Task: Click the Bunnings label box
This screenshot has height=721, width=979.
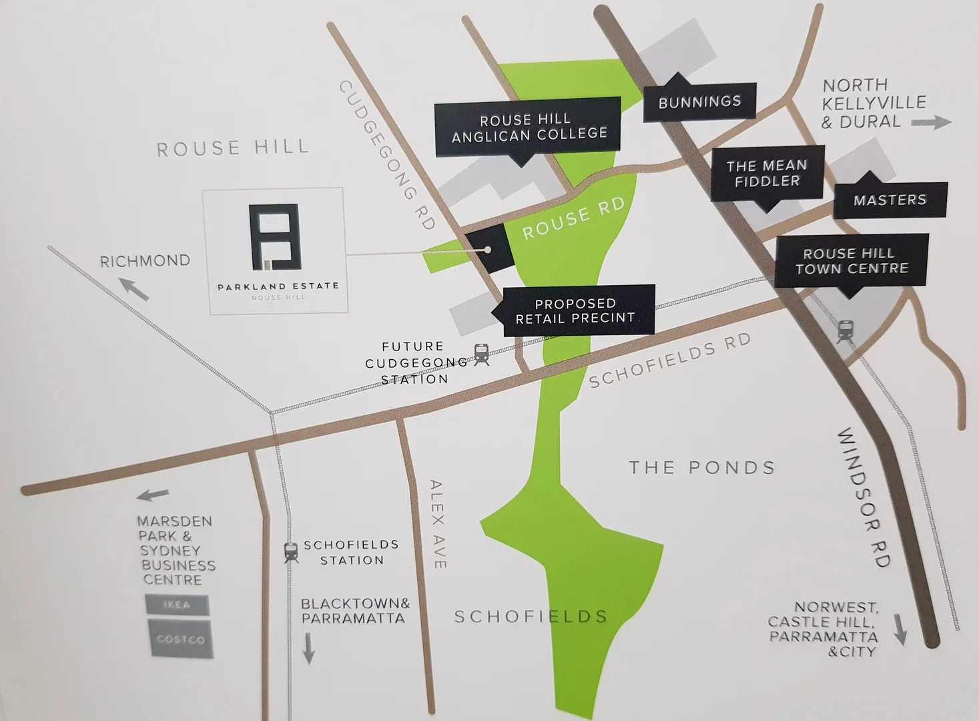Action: pos(699,102)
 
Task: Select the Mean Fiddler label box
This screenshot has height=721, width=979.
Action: pos(767,173)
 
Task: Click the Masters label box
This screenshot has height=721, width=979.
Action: pos(890,200)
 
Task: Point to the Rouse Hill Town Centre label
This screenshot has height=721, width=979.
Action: pos(852,260)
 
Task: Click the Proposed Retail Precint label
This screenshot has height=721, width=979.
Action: pos(575,310)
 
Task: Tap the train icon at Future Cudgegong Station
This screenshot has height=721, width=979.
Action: pos(481,354)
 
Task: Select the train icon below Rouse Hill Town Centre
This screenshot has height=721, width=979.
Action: pos(845,331)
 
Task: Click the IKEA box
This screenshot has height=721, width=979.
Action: pos(177,605)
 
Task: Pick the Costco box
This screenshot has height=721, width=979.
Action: pos(180,639)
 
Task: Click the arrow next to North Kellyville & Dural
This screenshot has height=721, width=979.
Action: pos(931,122)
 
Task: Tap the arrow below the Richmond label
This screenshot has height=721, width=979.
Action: pos(135,290)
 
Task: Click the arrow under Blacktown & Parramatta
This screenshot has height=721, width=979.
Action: pos(308,648)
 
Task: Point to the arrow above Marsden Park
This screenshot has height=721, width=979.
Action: pos(153,495)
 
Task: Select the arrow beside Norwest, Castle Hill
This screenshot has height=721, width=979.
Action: pos(900,629)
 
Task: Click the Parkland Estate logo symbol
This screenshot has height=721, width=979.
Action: pos(274,237)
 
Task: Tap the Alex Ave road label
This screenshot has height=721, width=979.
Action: pos(437,523)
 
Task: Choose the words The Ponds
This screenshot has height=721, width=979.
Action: pos(701,467)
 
